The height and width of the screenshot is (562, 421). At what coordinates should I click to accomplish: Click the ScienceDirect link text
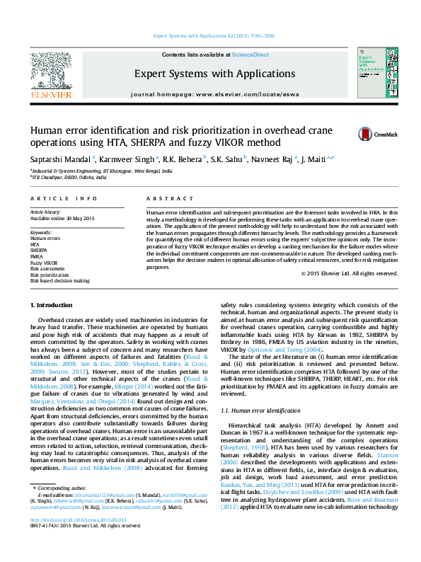[x=250, y=55]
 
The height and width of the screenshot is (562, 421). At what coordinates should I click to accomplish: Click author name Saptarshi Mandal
[x=59, y=159]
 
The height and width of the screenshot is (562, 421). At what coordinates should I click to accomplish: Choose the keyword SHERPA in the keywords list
[x=39, y=251]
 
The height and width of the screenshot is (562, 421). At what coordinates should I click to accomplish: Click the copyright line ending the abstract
[x=349, y=274]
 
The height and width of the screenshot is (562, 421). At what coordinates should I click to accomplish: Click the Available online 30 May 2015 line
[x=62, y=218]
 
